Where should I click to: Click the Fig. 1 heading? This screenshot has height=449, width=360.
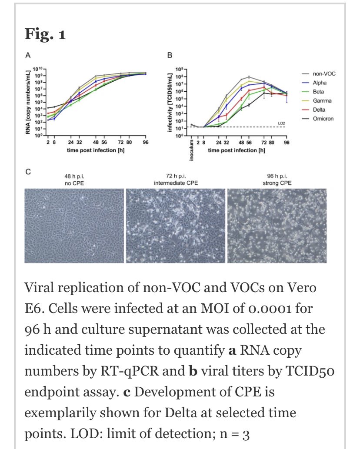pos(45,34)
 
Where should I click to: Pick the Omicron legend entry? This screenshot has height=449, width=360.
pos(322,119)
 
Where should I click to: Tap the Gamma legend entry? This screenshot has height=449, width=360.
pos(322,101)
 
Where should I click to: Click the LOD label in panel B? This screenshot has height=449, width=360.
pos(282,123)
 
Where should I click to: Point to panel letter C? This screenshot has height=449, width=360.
pos(28,172)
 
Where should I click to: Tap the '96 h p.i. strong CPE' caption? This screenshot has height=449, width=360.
pos(277,180)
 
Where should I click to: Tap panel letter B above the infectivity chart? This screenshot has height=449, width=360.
pos(170,55)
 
